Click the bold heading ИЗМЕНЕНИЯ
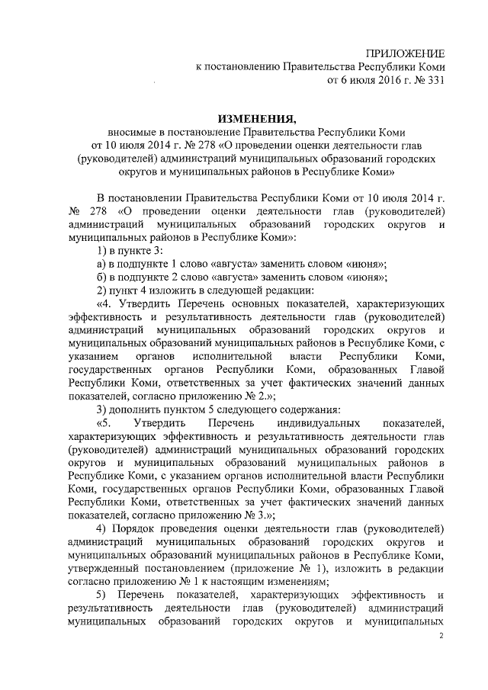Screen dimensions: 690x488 (256, 118)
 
